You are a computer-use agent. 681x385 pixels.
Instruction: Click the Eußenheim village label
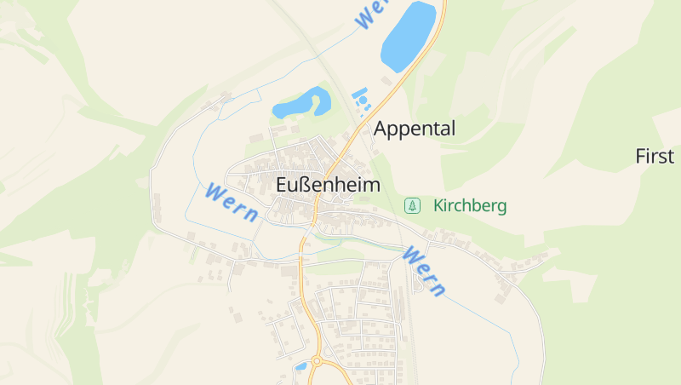click(x=328, y=184)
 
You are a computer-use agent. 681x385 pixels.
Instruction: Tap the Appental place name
click(x=415, y=129)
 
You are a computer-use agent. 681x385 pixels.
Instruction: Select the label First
click(x=655, y=156)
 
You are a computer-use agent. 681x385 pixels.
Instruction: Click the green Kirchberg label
click(x=470, y=205)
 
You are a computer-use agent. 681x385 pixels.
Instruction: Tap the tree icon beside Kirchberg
click(x=412, y=205)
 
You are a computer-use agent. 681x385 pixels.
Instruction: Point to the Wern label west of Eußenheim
click(x=231, y=202)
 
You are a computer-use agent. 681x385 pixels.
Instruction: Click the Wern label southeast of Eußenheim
click(x=424, y=271)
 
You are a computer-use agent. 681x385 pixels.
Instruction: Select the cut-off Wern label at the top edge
click(x=373, y=13)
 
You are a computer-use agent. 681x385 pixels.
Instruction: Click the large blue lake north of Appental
click(x=408, y=36)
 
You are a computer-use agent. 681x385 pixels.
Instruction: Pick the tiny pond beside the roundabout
click(x=300, y=366)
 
